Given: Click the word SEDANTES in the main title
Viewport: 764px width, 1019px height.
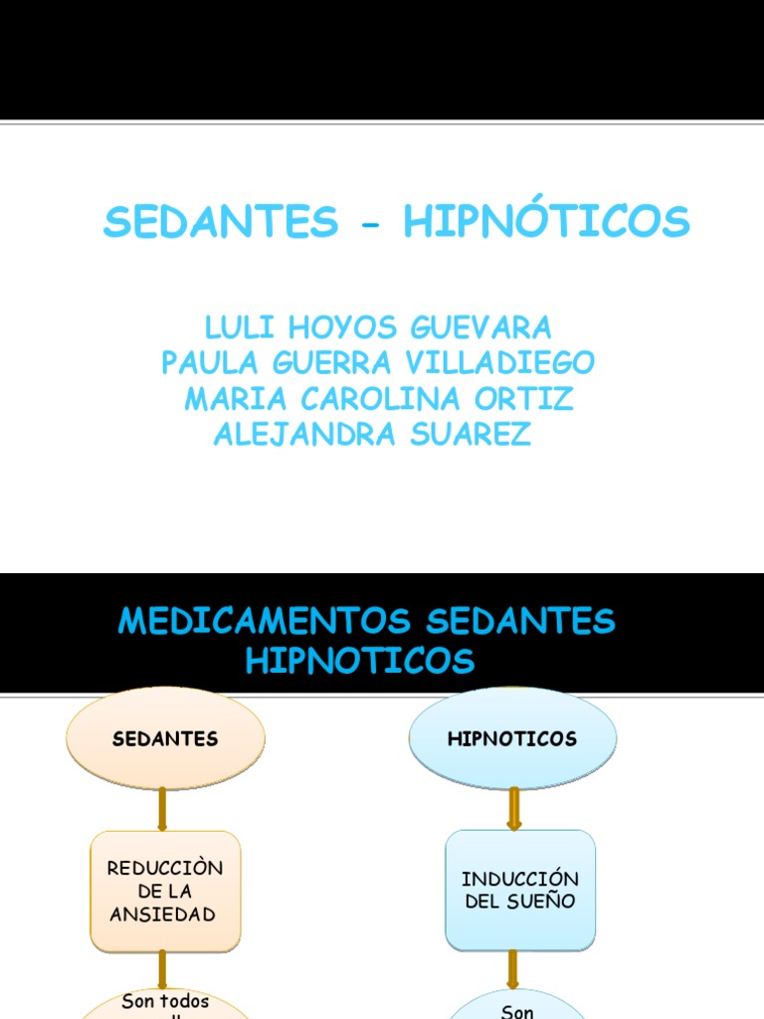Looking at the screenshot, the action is point(221,222).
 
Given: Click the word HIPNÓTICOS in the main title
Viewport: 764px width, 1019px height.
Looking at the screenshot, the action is point(546,222).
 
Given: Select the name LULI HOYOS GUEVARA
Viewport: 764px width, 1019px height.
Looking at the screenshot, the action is point(378,326).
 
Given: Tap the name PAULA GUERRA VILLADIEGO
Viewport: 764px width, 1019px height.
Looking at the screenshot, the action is point(378,362).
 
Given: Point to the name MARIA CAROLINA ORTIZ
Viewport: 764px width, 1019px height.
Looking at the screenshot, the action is point(378,399).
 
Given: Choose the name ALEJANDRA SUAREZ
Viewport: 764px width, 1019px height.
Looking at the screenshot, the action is point(373,435).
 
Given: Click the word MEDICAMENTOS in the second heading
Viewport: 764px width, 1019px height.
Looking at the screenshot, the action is point(264,622).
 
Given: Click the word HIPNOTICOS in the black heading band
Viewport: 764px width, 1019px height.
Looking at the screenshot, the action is point(360,660).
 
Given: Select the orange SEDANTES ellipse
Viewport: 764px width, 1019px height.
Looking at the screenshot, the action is point(165,738).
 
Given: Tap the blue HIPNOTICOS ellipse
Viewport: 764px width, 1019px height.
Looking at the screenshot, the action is point(512,738).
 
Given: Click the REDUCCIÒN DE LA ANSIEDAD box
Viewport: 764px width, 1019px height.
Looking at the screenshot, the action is point(165,891).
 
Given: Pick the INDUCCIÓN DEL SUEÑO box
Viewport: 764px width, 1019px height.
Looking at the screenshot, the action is point(519,891).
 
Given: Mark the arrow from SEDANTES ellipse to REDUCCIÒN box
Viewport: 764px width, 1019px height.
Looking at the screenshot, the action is point(162,808).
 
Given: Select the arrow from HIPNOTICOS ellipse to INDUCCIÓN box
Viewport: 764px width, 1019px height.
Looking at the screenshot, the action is point(514,808).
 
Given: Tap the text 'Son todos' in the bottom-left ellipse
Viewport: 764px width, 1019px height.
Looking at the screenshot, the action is point(165,1001).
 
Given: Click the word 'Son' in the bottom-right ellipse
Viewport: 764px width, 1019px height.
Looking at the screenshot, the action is point(518,1011).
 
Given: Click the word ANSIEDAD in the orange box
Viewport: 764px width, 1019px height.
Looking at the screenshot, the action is point(165,914).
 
